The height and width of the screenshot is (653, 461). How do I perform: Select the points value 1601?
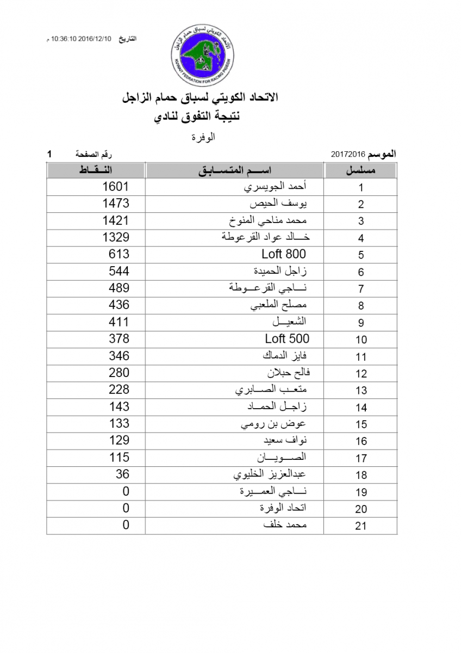pyautogui.click(x=116, y=187)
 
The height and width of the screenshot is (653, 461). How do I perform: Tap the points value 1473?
pyautogui.click(x=116, y=204)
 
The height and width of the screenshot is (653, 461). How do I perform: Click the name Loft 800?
pyautogui.click(x=283, y=254)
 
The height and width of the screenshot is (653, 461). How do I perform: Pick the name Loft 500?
pyautogui.click(x=287, y=338)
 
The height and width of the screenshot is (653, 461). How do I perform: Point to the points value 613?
pyautogui.click(x=119, y=254)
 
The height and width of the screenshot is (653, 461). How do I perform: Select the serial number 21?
pyautogui.click(x=361, y=526)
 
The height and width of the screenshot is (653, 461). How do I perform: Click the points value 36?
pyautogui.click(x=122, y=474)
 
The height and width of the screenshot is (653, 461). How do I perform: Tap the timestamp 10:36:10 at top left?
pyautogui.click(x=64, y=39)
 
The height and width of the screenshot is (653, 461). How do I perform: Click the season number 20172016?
pyautogui.click(x=348, y=155)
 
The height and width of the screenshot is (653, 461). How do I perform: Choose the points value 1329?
pyautogui.click(x=116, y=237)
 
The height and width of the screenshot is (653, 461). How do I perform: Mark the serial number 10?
pyautogui.click(x=361, y=340)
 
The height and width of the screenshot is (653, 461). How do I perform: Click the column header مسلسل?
pyautogui.click(x=361, y=170)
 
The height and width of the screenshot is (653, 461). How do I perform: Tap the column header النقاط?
pyautogui.click(x=96, y=170)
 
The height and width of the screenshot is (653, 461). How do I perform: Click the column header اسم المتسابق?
pyautogui.click(x=234, y=170)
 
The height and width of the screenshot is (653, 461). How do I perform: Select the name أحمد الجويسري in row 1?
pyautogui.click(x=276, y=187)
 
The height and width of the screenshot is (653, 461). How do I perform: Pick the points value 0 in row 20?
pyautogui.click(x=126, y=508)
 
